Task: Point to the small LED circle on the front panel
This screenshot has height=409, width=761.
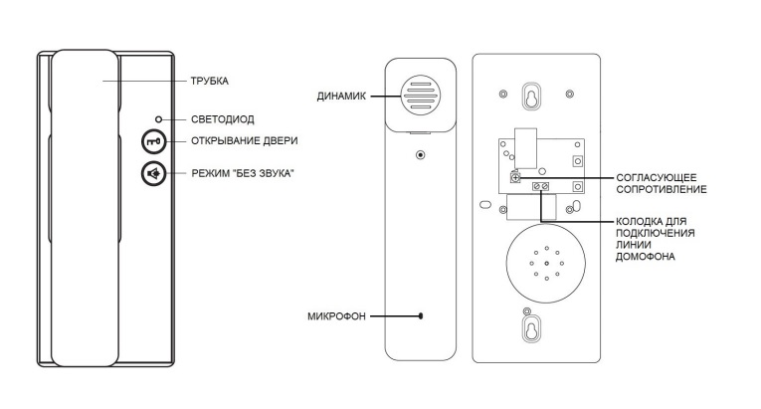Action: pos(159,118)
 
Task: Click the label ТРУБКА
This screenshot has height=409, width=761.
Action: pos(211,80)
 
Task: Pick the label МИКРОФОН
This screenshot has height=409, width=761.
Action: pos(337,316)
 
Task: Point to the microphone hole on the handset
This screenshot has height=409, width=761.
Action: pos(422,316)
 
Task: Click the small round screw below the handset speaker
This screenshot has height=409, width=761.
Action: pos(421,155)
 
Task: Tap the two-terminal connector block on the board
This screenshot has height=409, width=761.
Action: pos(542,186)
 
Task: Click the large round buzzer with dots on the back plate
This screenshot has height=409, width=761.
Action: pos(544,264)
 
